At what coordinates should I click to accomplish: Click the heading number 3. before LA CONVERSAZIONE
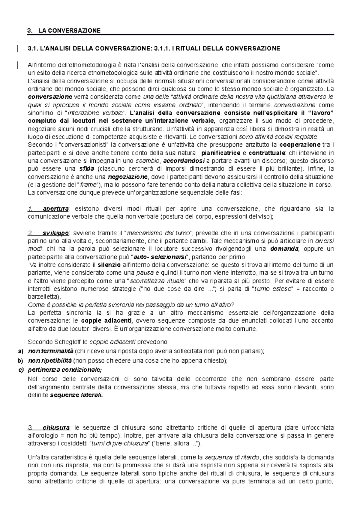[29, 31]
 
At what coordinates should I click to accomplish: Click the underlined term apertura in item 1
[56, 209]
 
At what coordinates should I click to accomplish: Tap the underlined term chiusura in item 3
[56, 427]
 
